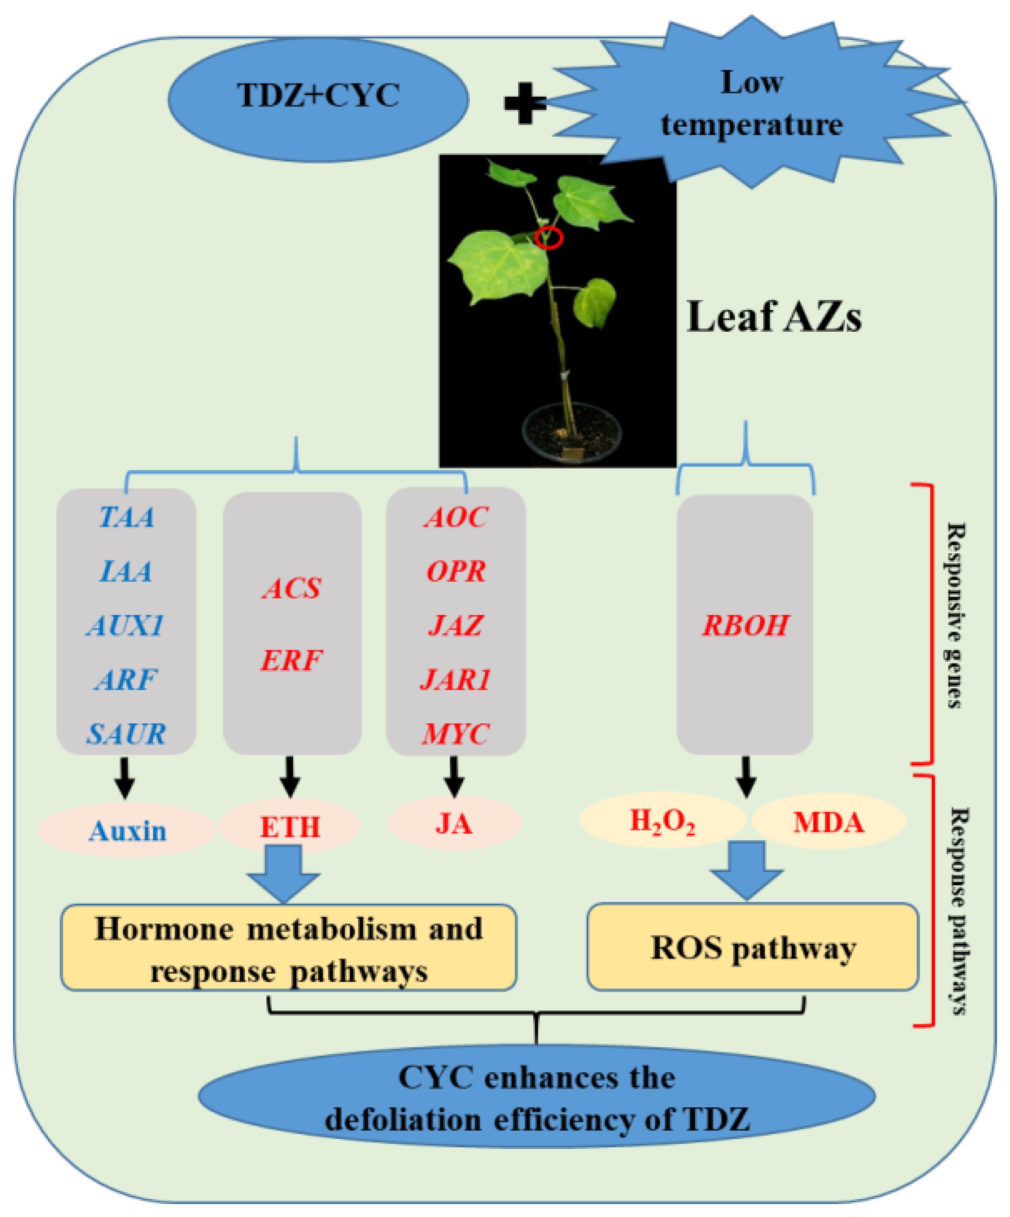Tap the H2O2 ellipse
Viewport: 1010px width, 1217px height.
coord(662,822)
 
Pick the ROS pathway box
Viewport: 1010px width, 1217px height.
coord(753,949)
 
